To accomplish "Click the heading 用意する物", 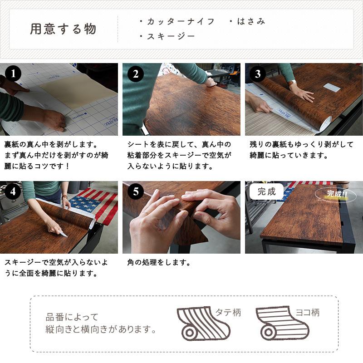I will click(63, 29).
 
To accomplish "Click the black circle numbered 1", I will click(13, 74).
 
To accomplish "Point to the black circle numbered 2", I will click(136, 74).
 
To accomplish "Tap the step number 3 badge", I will click(258, 74).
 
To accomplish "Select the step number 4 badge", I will click(13, 191).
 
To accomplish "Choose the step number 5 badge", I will click(136, 191).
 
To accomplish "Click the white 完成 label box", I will click(266, 191).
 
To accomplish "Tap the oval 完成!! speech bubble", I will click(335, 195).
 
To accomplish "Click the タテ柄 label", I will click(227, 313).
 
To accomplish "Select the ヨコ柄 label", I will click(308, 313).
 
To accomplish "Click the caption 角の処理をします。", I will click(159, 263).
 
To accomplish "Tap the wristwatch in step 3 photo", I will click(292, 83).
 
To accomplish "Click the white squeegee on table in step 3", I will click(331, 87).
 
